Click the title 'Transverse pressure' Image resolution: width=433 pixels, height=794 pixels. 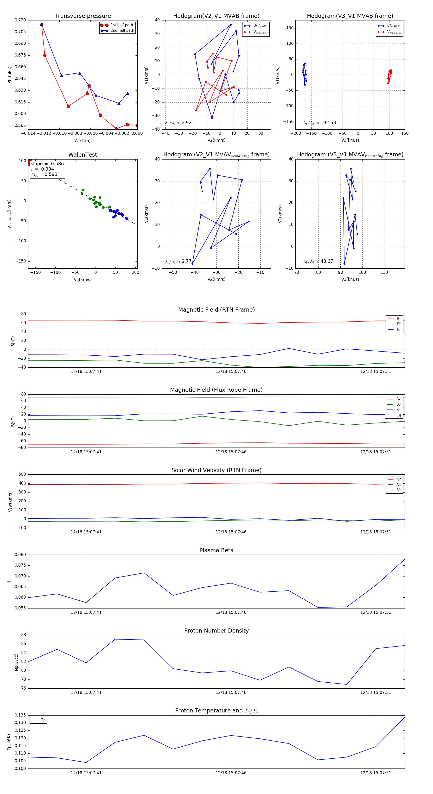pos(83,16)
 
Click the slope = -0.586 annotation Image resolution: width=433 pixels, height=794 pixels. pos(47,164)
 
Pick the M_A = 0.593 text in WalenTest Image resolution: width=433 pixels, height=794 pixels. pos(44,174)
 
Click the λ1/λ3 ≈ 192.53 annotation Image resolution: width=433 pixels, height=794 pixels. pos(320,123)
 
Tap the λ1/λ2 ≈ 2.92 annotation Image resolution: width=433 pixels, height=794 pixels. pos(178,123)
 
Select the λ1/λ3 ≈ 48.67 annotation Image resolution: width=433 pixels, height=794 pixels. pos(318,261)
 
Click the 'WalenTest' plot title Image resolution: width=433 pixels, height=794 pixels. pos(83,155)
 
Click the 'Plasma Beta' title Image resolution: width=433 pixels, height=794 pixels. pos(216,550)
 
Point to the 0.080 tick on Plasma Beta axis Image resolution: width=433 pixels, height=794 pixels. pos(20,555)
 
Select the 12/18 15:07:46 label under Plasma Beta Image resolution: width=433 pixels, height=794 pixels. pos(231,612)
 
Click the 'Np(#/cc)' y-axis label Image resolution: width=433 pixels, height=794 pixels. pos(17,662)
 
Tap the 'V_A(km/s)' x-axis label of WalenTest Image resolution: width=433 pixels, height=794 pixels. pos(83,280)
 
